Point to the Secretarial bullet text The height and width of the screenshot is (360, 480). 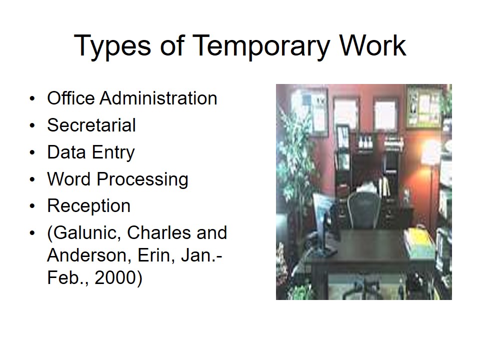coord(91,125)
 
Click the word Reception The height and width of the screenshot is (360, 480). coord(88,206)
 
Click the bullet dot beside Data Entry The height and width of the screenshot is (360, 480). coord(32,152)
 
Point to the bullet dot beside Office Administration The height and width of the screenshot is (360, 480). coord(32,98)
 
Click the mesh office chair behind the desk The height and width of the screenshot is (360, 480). coord(363,207)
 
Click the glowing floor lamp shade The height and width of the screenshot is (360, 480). coord(430,152)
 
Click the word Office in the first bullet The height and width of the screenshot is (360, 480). coord(71,98)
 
